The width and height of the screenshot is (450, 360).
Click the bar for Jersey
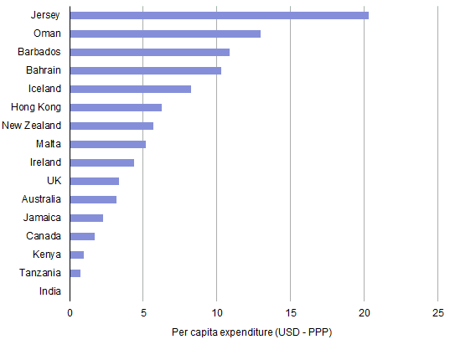point(219,15)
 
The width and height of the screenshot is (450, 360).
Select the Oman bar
point(165,33)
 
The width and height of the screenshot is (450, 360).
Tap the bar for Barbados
point(149,52)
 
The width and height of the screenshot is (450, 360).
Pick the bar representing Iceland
point(130,89)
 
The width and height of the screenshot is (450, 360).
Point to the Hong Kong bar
point(116,107)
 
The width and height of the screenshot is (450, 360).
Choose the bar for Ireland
point(101,162)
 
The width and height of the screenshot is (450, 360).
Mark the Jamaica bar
point(86,218)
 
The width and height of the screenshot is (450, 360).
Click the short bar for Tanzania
point(75,273)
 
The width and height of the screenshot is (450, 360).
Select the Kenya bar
point(77,255)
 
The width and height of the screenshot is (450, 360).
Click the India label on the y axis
point(49,291)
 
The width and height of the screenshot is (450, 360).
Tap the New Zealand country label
point(31,126)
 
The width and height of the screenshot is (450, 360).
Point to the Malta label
point(48,144)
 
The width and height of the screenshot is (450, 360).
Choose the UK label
point(53,181)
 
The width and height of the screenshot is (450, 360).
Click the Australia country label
point(41,199)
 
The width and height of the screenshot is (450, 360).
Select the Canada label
point(44,236)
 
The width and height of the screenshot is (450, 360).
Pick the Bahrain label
point(43,70)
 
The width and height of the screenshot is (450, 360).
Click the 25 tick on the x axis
point(437,313)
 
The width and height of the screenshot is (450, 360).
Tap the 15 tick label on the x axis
point(290,313)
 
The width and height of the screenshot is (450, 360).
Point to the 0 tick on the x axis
point(70,313)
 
